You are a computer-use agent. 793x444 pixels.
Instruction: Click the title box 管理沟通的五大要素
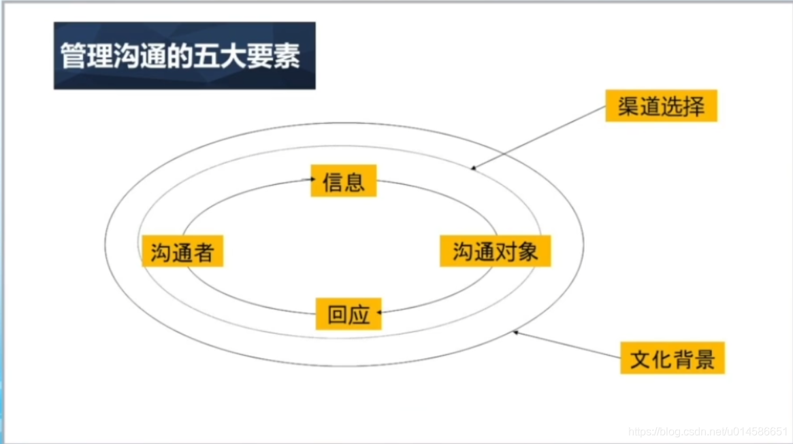click(x=184, y=56)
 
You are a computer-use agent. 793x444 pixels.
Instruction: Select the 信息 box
click(x=344, y=181)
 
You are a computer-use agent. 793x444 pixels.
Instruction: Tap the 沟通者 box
click(x=182, y=253)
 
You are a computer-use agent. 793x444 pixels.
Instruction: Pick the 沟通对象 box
click(x=495, y=252)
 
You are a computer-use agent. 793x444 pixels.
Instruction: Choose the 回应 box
click(x=349, y=314)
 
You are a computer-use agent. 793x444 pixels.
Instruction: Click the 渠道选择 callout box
click(x=661, y=107)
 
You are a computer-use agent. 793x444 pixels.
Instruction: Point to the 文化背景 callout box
click(x=673, y=358)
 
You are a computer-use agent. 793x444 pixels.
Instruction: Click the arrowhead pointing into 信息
click(x=311, y=180)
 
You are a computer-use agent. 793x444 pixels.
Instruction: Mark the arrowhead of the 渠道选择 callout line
click(x=472, y=168)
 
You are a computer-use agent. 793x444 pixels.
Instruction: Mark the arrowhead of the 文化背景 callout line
click(x=516, y=332)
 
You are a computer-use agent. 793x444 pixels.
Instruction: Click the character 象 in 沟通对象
click(x=528, y=252)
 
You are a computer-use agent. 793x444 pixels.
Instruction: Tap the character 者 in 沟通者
click(x=204, y=253)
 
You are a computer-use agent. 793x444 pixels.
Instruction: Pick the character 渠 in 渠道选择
click(x=628, y=107)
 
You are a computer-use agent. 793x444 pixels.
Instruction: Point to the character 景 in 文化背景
click(x=705, y=358)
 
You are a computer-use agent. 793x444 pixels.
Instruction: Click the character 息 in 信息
click(x=355, y=181)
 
